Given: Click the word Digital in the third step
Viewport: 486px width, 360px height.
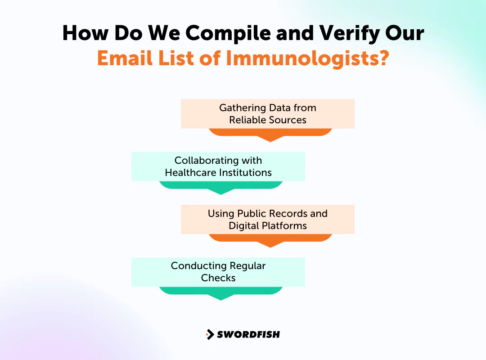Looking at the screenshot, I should click(x=243, y=226).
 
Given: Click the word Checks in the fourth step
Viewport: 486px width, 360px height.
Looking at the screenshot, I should click(x=218, y=278).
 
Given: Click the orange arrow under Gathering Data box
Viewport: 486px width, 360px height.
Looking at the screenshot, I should click(x=270, y=134).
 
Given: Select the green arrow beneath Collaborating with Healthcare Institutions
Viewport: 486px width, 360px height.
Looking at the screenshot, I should click(x=220, y=187).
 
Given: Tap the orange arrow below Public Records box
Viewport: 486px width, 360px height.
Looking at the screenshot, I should click(x=270, y=240).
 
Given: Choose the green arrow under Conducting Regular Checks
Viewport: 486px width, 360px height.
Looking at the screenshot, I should click(x=220, y=292).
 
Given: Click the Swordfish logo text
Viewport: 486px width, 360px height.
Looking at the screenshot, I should click(x=248, y=334).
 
